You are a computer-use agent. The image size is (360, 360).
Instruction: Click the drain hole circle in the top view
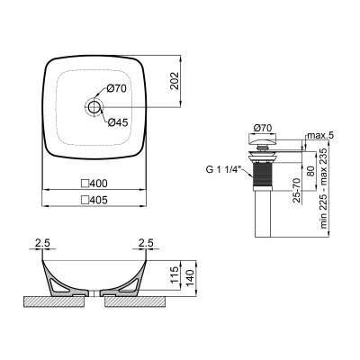coord(92,107)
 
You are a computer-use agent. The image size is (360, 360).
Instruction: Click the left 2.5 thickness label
coord(40,241)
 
